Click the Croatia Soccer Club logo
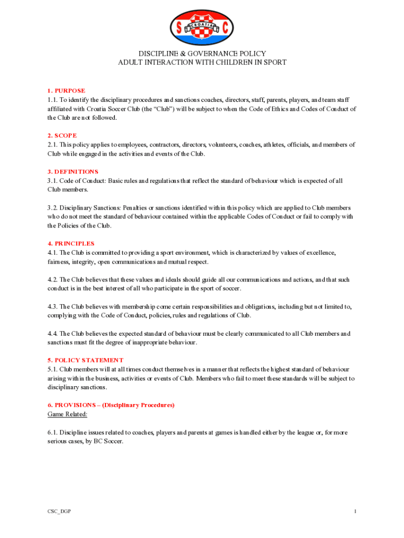click(x=202, y=27)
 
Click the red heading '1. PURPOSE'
click(x=66, y=91)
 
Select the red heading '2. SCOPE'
click(x=62, y=136)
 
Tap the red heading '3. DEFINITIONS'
click(x=72, y=172)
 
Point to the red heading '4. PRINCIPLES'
click(x=71, y=244)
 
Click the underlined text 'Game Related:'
click(x=67, y=414)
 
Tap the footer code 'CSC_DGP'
click(x=58, y=511)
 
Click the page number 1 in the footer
click(x=355, y=511)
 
